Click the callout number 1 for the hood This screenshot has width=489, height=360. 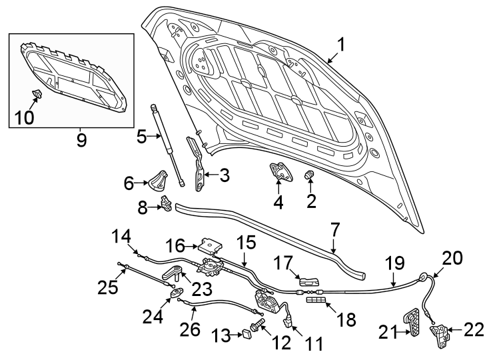point(340,45)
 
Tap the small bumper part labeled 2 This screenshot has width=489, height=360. point(309,175)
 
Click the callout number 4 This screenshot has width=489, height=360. point(278,201)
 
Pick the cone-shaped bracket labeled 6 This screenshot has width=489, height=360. point(157,181)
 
